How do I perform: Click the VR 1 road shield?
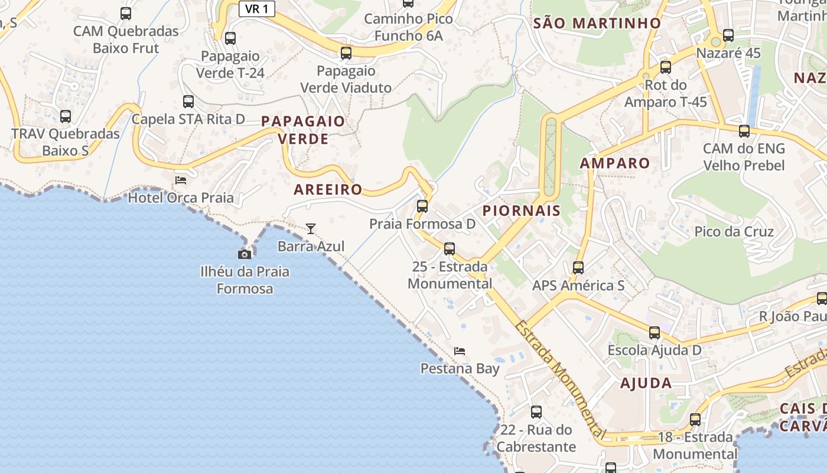pyautogui.click(x=257, y=9)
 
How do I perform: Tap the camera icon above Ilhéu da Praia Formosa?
pyautogui.click(x=244, y=254)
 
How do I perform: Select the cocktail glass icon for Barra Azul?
pyautogui.click(x=311, y=228)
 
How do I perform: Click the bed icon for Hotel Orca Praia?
pyautogui.click(x=181, y=180)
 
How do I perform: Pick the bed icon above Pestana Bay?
pyautogui.click(x=460, y=351)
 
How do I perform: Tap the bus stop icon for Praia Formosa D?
pyautogui.click(x=422, y=206)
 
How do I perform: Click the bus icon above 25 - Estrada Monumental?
pyautogui.click(x=450, y=249)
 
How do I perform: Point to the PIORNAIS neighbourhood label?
pyautogui.click(x=521, y=210)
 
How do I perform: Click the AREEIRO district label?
pyautogui.click(x=328, y=189)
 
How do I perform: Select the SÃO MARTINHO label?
pyautogui.click(x=597, y=23)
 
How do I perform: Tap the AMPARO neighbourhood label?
pyautogui.click(x=615, y=163)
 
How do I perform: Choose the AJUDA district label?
pyautogui.click(x=646, y=383)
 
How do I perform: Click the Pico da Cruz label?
pyautogui.click(x=734, y=231)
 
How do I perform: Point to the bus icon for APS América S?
pyautogui.click(x=578, y=268)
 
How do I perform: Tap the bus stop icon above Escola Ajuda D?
pyautogui.click(x=655, y=333)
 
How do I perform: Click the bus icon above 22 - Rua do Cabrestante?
pyautogui.click(x=536, y=412)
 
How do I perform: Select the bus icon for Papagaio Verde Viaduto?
pyautogui.click(x=346, y=53)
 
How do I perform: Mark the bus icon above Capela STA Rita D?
pyautogui.click(x=188, y=102)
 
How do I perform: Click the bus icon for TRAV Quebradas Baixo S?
pyautogui.click(x=66, y=116)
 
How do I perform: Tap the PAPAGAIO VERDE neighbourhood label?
pyautogui.click(x=303, y=130)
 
